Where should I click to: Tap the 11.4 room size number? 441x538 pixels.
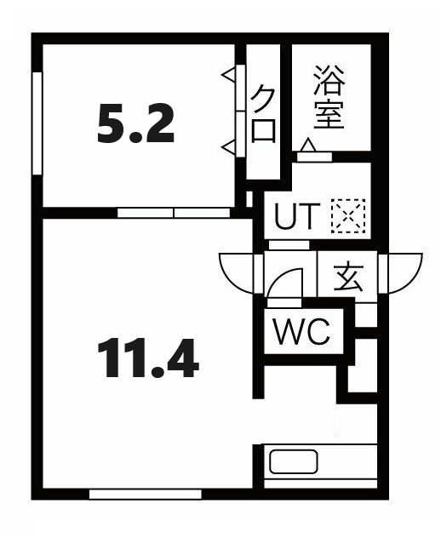[x=147, y=358]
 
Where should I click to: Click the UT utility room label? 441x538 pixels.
[x=296, y=219]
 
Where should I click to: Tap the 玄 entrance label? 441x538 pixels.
[x=347, y=278]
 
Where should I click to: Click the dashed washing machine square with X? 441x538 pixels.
[x=347, y=215]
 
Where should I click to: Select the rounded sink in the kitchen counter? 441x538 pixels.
[x=294, y=461]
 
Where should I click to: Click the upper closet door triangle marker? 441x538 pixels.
[x=229, y=76]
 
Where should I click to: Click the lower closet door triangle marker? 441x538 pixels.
[x=229, y=148]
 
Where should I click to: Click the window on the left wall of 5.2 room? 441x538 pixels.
[x=37, y=123]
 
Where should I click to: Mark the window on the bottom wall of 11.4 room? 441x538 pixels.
[x=145, y=493]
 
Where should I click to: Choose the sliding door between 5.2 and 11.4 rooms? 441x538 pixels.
[x=174, y=212]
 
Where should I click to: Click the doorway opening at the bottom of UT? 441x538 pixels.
[x=289, y=245]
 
